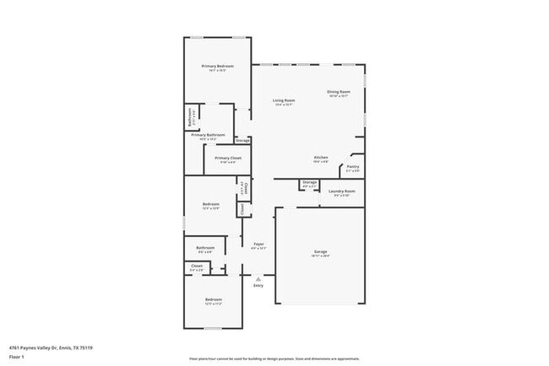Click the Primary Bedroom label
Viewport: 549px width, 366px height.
coord(217,66)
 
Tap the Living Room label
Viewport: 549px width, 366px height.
coord(283,100)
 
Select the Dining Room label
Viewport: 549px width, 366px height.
coord(338,92)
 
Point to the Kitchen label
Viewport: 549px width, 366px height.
coord(321,158)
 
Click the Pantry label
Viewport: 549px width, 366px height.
coord(353,167)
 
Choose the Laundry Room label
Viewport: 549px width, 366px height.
coord(342,191)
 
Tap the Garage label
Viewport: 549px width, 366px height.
coord(320,252)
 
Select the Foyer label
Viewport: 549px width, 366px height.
coord(258,245)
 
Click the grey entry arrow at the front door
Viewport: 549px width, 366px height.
coord(258,278)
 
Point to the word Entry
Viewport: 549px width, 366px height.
coord(258,286)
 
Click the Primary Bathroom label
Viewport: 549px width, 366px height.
coord(208,135)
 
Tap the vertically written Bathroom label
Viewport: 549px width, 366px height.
coord(189,117)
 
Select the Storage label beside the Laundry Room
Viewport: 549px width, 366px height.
coord(309,182)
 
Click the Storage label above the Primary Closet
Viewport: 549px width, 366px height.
coord(242,140)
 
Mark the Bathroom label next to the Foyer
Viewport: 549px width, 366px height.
coord(205,247)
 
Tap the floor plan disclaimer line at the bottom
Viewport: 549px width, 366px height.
coord(274,358)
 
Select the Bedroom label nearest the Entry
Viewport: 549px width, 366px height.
coord(212,299)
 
